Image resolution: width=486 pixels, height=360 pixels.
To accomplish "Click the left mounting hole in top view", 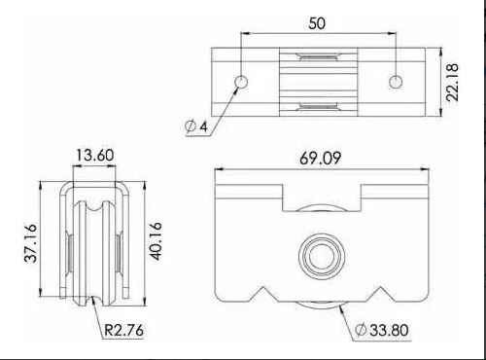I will point(241,79).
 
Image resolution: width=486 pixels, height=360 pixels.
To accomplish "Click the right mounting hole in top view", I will point(396,79).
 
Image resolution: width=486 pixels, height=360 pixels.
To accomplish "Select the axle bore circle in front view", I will point(318,255).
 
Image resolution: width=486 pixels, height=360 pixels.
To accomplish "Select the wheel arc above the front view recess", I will point(318,206).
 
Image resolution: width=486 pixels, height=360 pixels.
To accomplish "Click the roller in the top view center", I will point(318,77).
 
